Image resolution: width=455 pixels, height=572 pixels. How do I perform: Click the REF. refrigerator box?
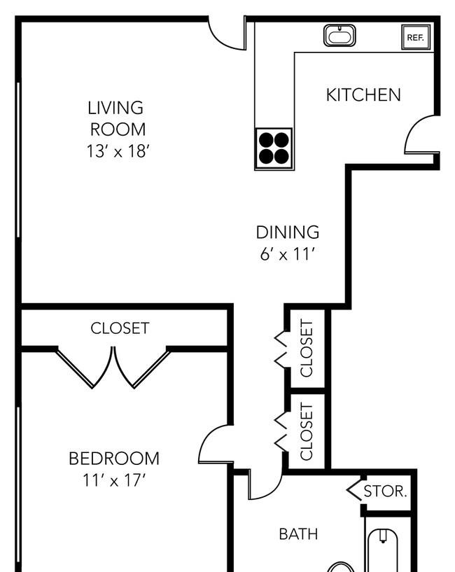[x=416, y=37]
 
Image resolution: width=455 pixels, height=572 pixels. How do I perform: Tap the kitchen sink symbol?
[x=339, y=36]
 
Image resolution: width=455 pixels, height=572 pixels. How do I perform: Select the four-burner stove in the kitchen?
[x=274, y=149]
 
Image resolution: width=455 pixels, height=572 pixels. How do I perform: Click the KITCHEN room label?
[x=363, y=95]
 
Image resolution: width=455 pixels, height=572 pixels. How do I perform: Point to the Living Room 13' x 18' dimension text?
[x=118, y=151]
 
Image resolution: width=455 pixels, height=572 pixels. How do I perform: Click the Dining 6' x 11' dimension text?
[x=287, y=254]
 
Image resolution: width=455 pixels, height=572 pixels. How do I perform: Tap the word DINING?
[x=288, y=232]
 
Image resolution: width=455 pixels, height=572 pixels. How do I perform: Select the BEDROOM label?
[x=114, y=459]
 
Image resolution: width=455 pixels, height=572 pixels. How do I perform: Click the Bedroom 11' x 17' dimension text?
[x=114, y=480]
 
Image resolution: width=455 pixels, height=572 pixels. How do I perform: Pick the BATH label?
[x=298, y=534]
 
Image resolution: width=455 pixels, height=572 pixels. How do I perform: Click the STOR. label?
[x=385, y=491]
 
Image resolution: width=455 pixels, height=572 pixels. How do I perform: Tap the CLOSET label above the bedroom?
[x=120, y=328]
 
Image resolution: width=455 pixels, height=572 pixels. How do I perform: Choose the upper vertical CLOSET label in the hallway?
[x=307, y=348]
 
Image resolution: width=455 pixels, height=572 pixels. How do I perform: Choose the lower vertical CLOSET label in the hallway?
[x=307, y=431]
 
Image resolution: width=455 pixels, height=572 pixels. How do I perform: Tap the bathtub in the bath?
[x=382, y=550]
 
